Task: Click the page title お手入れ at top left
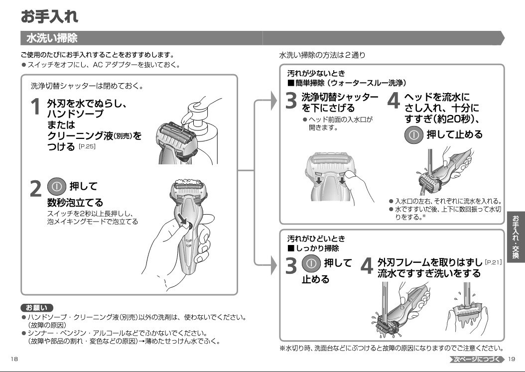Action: click(49, 16)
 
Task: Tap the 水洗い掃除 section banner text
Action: click(52, 38)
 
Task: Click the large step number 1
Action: click(35, 107)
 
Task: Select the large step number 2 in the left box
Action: click(35, 189)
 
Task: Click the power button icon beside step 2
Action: click(57, 187)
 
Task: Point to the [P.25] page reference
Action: click(87, 146)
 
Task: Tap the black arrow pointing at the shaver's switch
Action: click(182, 219)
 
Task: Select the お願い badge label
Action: click(37, 308)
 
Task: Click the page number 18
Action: click(14, 359)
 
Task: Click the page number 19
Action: click(511, 359)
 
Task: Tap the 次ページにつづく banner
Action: click(477, 359)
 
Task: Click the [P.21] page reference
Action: click(493, 262)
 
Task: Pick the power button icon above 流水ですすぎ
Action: click(414, 135)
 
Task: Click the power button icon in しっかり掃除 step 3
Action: click(311, 263)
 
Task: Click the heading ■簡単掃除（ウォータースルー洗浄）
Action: click(347, 83)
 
